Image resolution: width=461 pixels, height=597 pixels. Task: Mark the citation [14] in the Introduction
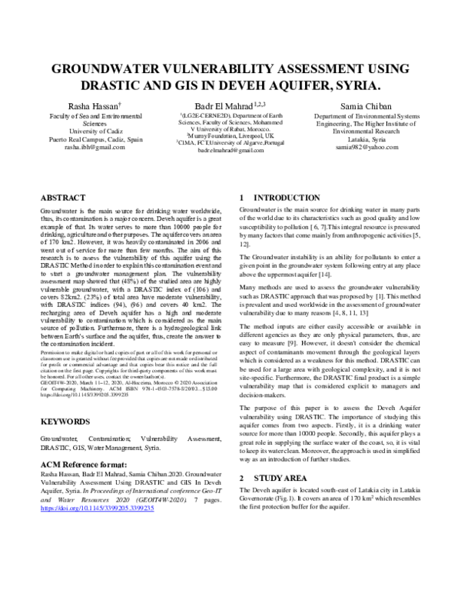[324, 274]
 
